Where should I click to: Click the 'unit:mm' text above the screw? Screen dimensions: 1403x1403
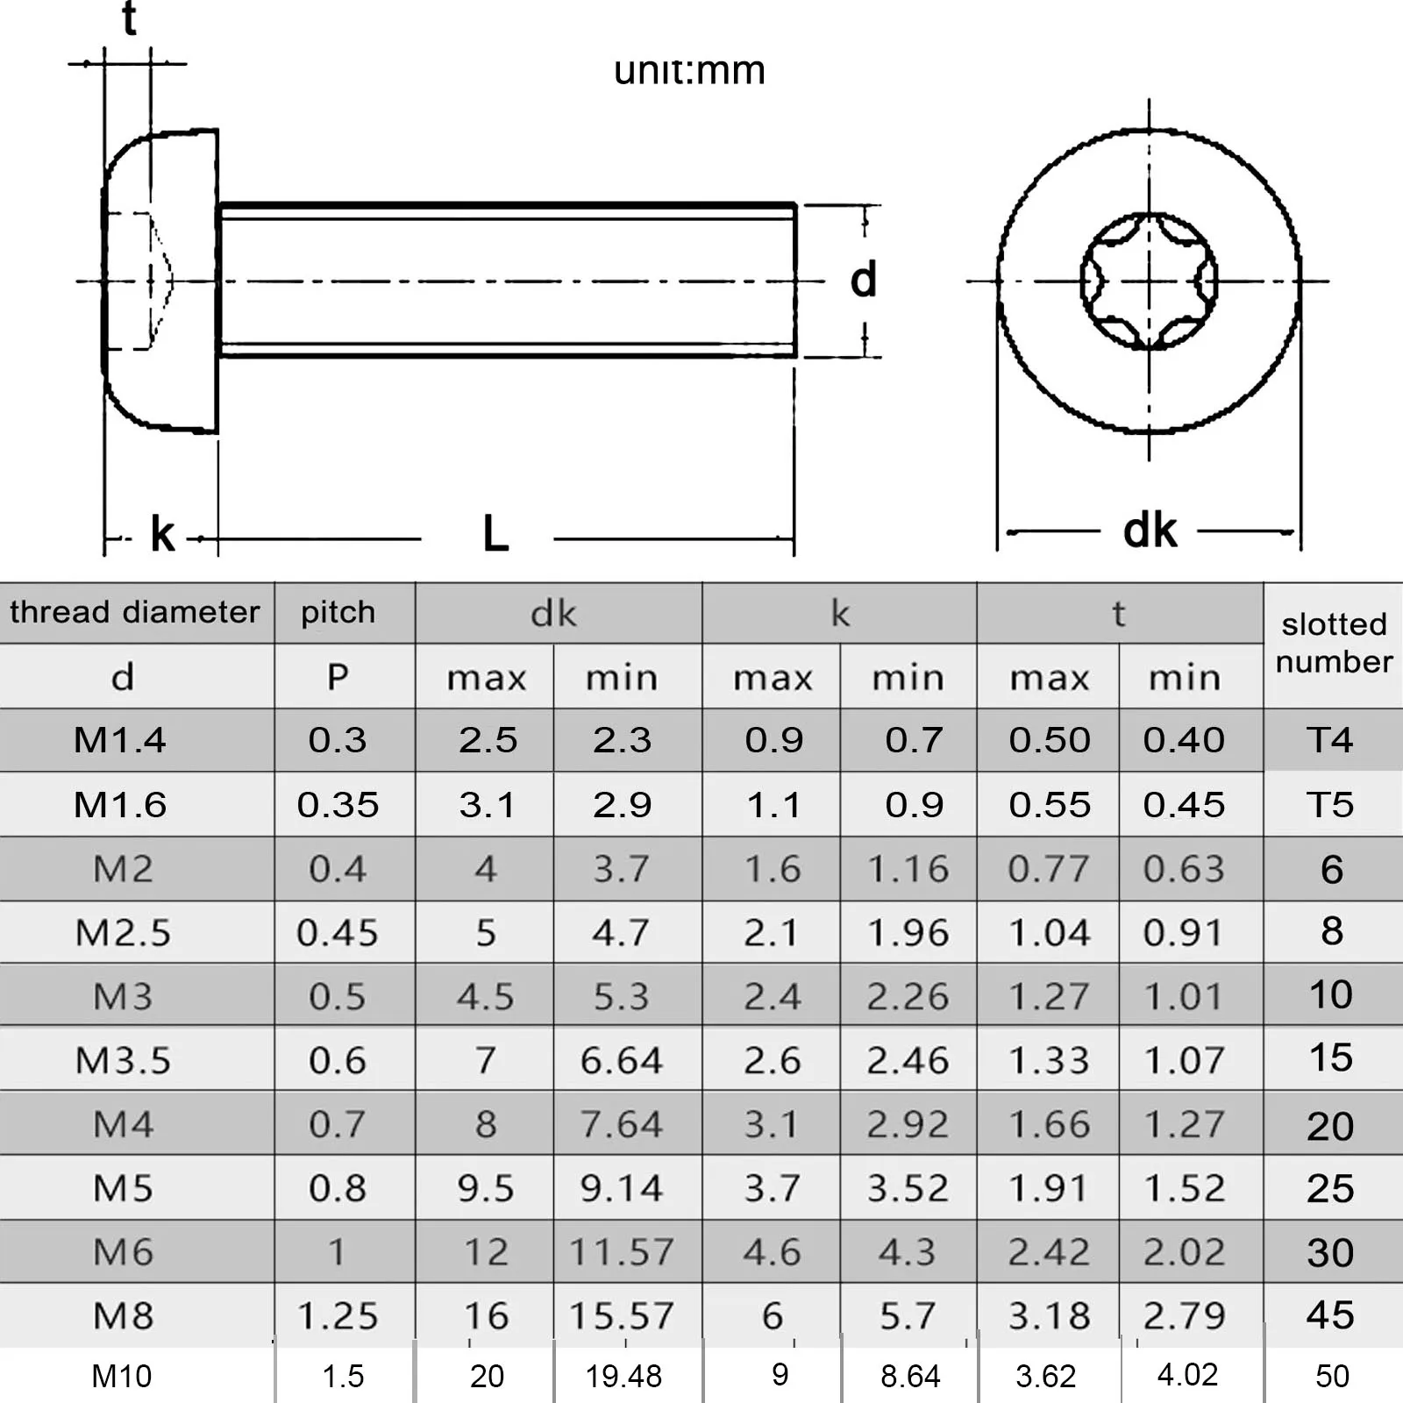pos(689,70)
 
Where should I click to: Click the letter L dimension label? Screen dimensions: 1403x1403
pos(495,533)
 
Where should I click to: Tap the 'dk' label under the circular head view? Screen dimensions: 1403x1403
pos(1149,531)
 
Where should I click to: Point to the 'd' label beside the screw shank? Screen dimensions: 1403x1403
pos(863,280)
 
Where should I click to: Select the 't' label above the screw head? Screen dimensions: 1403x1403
pos(129,19)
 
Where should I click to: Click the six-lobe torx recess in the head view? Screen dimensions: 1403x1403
pos(1149,281)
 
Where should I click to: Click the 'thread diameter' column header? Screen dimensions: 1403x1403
pos(135,612)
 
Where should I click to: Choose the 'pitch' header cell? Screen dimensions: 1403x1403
pos(338,612)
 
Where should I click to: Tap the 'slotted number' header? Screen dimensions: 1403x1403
pos(1333,643)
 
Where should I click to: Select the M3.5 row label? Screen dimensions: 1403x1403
pos(123,1060)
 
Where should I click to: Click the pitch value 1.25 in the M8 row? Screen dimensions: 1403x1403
pos(338,1315)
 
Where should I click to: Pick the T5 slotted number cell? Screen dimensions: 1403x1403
pos(1330,804)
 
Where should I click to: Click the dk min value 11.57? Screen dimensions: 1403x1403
pos(621,1251)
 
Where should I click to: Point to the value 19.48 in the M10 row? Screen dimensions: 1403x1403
pos(623,1376)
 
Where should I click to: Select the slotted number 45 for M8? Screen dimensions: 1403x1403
pos(1330,1314)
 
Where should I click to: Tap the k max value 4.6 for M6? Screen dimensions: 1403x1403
pos(772,1251)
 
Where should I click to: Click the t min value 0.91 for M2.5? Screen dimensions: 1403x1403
pos(1183,932)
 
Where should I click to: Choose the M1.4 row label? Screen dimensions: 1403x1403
pos(120,740)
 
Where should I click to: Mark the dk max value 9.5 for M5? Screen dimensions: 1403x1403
pos(486,1188)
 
